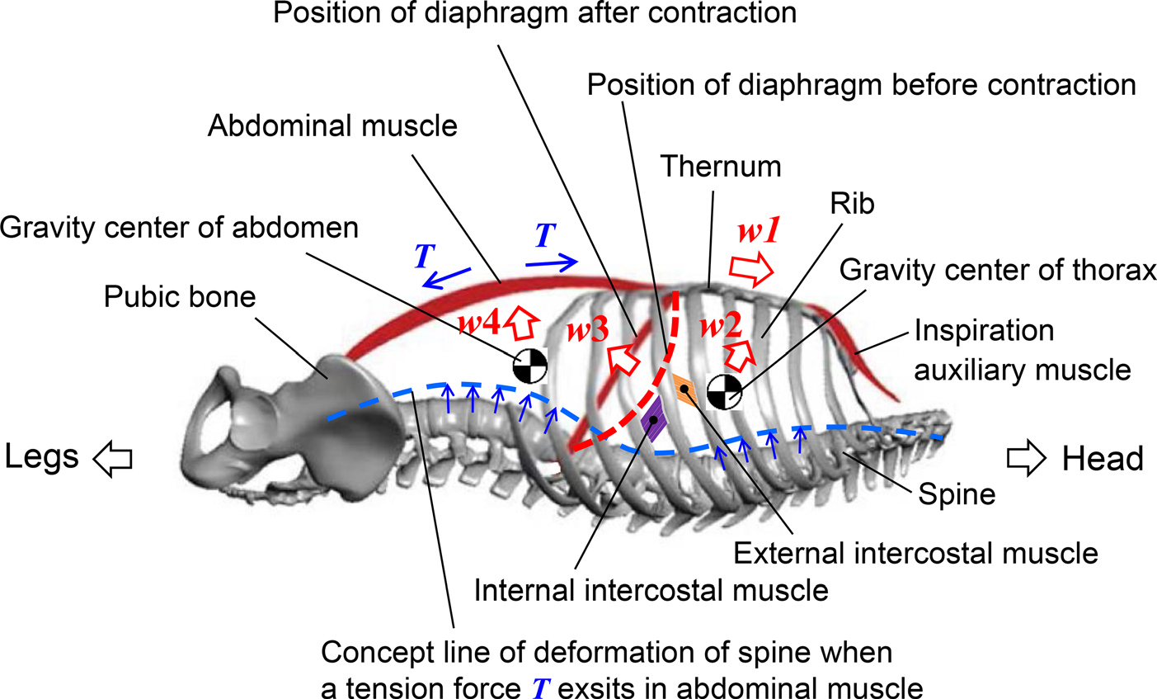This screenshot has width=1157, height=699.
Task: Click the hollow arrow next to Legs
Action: (112, 459)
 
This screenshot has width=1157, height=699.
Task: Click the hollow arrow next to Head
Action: (1026, 459)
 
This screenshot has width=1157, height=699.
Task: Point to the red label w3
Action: (588, 331)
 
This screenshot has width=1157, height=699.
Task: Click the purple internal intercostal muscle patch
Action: (652, 418)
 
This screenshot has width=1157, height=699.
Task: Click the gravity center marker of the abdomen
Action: (530, 366)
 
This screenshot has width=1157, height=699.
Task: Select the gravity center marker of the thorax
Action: (725, 391)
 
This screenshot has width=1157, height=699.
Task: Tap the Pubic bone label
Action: (180, 296)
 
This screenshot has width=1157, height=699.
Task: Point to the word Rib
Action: (853, 204)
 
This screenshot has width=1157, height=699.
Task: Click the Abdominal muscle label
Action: (332, 126)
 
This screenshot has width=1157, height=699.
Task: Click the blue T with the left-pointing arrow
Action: (424, 257)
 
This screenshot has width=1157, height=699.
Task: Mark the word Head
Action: (1103, 458)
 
